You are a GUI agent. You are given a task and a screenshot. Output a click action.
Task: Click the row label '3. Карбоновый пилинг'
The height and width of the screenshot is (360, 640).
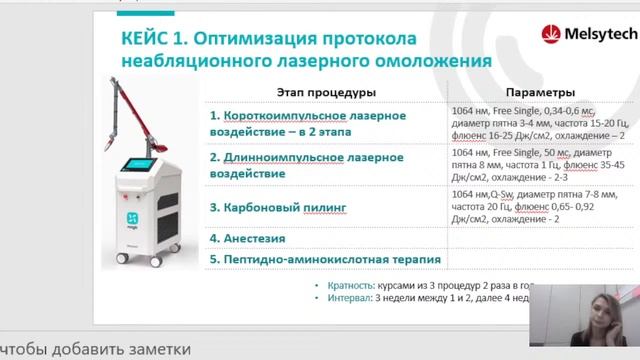279,207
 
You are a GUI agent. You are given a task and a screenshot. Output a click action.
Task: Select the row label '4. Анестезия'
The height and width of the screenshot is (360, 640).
248,239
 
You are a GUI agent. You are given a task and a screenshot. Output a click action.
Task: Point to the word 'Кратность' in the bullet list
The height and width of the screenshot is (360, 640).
347,285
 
